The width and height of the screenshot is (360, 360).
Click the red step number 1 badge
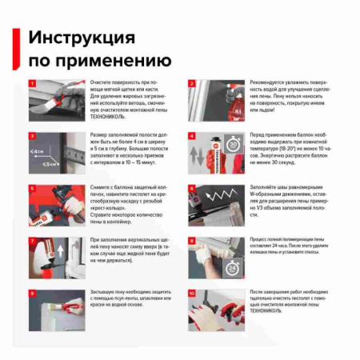32,83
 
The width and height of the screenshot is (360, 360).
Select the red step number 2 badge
192,83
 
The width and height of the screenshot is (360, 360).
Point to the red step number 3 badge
32,136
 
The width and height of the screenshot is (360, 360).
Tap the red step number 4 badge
192,136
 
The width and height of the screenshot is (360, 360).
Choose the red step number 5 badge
32,189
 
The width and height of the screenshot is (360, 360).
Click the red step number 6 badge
192,189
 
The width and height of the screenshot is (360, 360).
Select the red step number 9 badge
32,293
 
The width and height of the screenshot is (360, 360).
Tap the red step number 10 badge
192,293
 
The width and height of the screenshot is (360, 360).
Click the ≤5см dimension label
51,164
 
